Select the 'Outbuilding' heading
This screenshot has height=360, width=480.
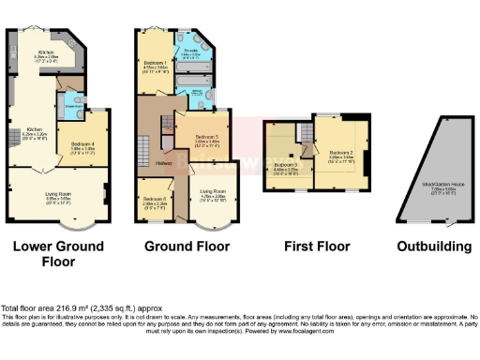(x=430, y=247)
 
